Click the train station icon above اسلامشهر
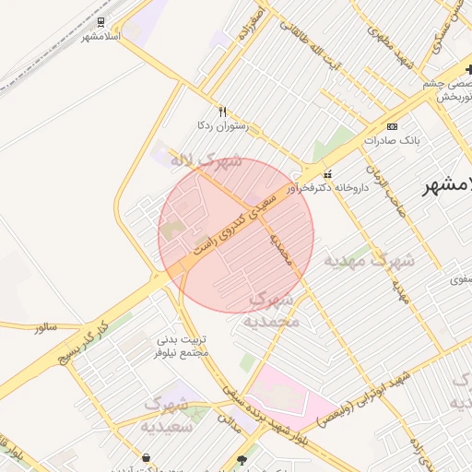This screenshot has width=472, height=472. [100, 22]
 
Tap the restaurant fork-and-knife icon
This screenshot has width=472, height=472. [222, 111]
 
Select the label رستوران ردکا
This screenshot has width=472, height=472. [218, 124]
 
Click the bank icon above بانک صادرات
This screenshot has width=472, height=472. [393, 126]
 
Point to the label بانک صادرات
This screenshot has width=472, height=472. [391, 141]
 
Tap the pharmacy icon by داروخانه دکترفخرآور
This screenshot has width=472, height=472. [326, 174]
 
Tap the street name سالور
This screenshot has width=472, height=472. [46, 327]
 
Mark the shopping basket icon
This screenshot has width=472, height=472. [146, 458]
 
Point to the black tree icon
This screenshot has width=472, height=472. [242, 459]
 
